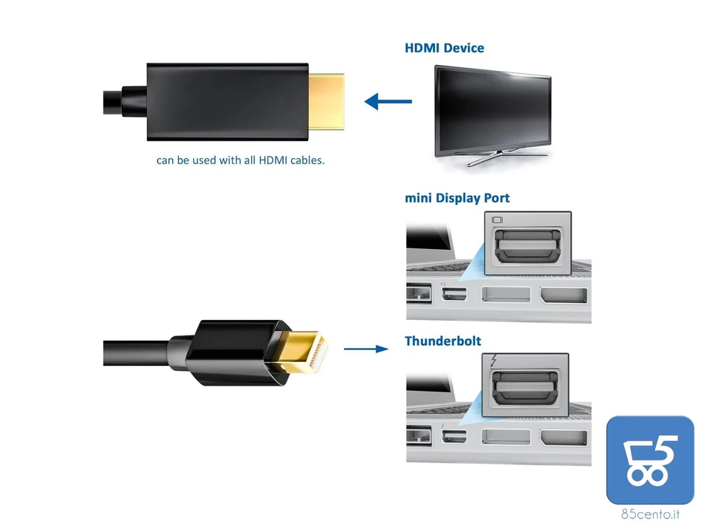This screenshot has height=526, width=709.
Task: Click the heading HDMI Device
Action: tap(444, 48)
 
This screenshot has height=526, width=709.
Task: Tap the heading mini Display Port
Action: tap(456, 198)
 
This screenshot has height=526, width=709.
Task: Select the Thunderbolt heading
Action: tap(442, 341)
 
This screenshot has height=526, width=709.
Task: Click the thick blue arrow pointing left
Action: tap(388, 100)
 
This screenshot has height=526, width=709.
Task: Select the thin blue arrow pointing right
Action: tap(366, 349)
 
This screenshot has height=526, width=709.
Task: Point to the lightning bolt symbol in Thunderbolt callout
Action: tap(495, 362)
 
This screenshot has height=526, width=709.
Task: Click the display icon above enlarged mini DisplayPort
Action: tap(496, 220)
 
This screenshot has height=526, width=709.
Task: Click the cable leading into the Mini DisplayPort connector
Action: tap(137, 352)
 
